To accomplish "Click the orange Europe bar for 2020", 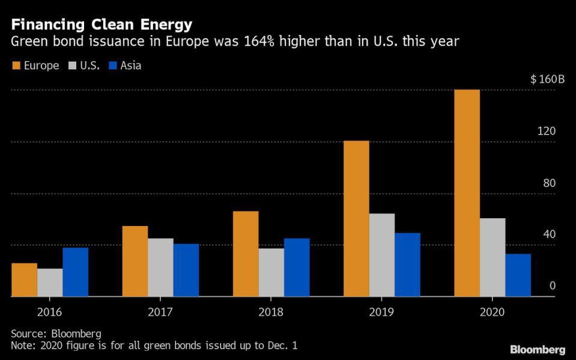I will pyautogui.click(x=467, y=193).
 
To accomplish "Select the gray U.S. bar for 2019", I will pyautogui.click(x=381, y=255).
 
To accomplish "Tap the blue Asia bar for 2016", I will pyautogui.click(x=75, y=272).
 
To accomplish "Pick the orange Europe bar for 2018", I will pyautogui.click(x=245, y=254).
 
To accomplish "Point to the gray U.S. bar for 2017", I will pyautogui.click(x=160, y=267).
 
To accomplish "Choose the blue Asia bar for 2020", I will pyautogui.click(x=518, y=275).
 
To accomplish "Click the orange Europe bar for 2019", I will pyautogui.click(x=356, y=218).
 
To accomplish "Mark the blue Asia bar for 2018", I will pyautogui.click(x=297, y=267).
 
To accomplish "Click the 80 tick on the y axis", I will pyautogui.click(x=549, y=183).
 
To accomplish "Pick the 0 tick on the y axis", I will pyautogui.click(x=553, y=286).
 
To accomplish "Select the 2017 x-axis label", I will pyautogui.click(x=160, y=311).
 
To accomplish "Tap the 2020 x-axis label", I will pyautogui.click(x=492, y=311).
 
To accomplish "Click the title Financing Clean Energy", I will pyautogui.click(x=102, y=25).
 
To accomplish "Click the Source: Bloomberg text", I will pyautogui.click(x=56, y=333).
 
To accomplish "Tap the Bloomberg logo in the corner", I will pyautogui.click(x=538, y=349).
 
